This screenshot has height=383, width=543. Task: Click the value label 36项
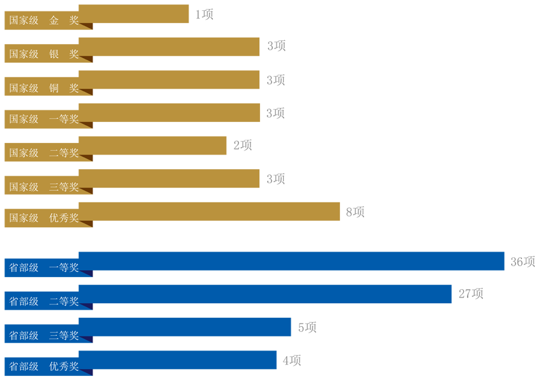[x=523, y=262]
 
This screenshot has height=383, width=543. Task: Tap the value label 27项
[x=471, y=294]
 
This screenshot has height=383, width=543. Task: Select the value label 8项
[x=355, y=212]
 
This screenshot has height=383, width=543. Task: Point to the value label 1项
[x=204, y=14]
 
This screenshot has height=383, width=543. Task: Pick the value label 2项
[x=243, y=146]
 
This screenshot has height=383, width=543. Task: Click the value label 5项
[x=307, y=327]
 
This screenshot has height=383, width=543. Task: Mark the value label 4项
[x=292, y=361]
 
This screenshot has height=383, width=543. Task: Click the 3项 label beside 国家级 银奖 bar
[x=276, y=46]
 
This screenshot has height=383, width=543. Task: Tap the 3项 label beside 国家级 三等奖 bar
[x=276, y=179]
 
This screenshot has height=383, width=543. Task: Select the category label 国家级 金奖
[x=43, y=20]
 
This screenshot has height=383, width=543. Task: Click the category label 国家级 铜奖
[x=43, y=87]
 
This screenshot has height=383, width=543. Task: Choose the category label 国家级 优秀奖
[x=43, y=218]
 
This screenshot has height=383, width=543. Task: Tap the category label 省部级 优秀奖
[x=43, y=367]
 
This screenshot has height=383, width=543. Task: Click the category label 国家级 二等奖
[x=43, y=153]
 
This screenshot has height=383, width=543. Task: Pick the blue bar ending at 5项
[x=185, y=327]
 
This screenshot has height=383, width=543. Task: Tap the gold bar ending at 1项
[x=134, y=13]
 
